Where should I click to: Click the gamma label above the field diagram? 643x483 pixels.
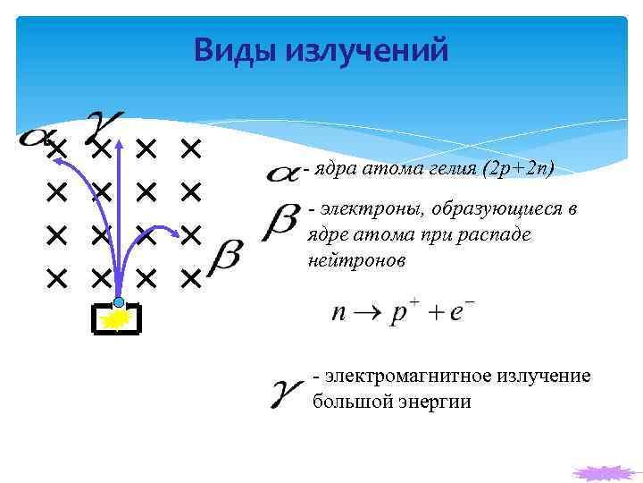[x=104, y=128]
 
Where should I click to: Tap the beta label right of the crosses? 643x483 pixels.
[x=222, y=257]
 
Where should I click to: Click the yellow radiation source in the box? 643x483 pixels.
[x=116, y=319]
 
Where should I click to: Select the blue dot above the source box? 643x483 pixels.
[x=119, y=302]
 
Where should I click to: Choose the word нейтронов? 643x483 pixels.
[x=355, y=260]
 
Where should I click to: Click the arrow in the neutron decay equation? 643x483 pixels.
[x=368, y=314]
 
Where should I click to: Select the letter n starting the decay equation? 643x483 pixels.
[x=339, y=314]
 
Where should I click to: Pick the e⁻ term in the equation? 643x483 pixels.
[x=463, y=312]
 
